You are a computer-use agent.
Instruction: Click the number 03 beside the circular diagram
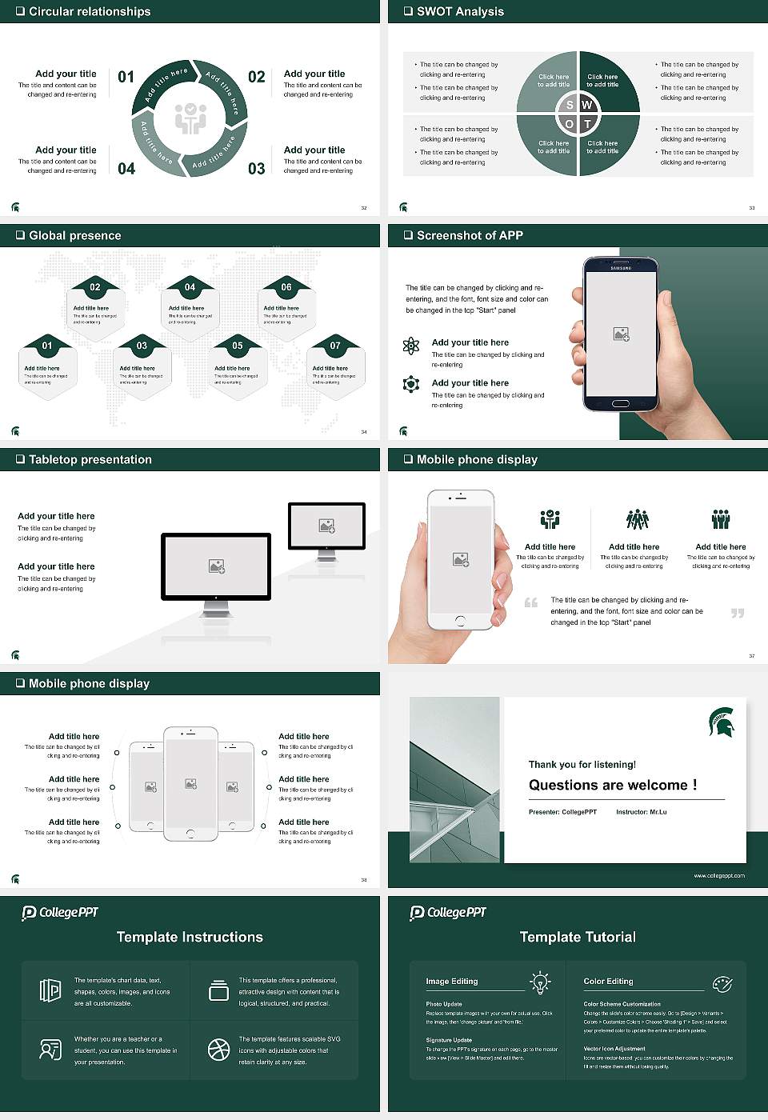point(256,169)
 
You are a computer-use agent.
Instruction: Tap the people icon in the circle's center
point(190,118)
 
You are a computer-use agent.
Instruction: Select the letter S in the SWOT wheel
point(570,105)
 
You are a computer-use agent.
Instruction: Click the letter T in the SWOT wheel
point(587,124)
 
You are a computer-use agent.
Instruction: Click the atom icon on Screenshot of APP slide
point(411,346)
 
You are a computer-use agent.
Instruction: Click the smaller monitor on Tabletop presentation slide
point(326,526)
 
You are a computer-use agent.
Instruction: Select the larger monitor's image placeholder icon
point(216,566)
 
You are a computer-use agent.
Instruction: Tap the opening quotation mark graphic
point(531,602)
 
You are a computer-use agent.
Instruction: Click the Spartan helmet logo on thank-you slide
point(722,722)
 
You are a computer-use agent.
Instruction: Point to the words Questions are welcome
point(612,785)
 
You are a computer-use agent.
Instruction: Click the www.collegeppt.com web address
point(718,875)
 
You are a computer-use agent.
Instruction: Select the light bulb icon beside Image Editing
point(540,982)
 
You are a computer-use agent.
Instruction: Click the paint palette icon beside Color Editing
point(722,983)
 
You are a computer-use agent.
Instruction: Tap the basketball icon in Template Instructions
point(218,1050)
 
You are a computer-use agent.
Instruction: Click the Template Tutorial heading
point(578,937)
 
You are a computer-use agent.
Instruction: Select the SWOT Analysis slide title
point(460,11)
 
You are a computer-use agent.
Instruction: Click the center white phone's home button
point(190,834)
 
